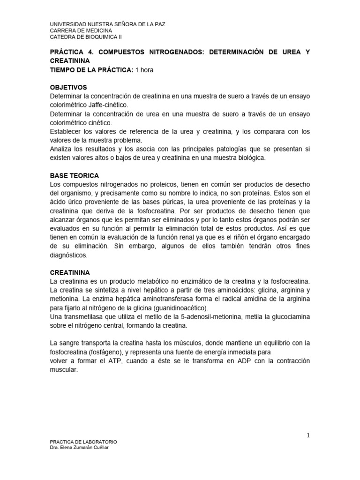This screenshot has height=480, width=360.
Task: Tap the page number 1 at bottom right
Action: (308, 436)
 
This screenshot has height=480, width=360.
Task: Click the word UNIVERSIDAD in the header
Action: (68, 24)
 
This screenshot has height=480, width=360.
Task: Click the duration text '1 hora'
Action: (144, 70)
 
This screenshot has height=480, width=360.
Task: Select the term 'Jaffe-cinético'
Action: (106, 105)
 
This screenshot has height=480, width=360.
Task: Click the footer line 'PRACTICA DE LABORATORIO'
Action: (83, 442)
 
